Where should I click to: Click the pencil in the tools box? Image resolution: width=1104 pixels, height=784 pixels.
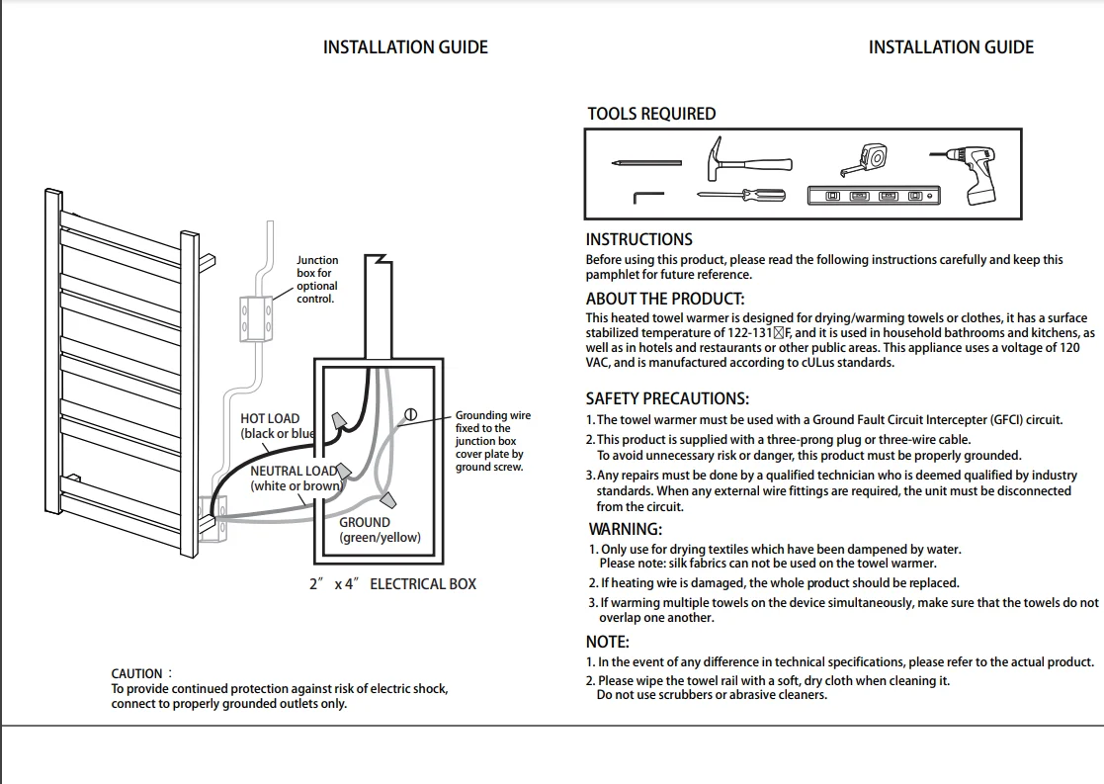[x=645, y=161]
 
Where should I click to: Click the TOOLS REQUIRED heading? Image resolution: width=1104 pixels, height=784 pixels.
[x=651, y=114]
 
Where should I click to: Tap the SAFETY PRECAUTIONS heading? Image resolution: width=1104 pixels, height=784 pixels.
[x=667, y=398]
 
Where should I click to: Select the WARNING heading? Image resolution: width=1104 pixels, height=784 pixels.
[x=626, y=529]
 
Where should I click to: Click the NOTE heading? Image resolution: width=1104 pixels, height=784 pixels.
[x=607, y=642]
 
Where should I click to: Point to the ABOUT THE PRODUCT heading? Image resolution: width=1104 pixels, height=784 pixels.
[x=664, y=299]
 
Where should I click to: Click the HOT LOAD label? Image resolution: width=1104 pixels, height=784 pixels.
[x=270, y=419]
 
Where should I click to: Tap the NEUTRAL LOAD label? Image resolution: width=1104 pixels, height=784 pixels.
[x=293, y=472]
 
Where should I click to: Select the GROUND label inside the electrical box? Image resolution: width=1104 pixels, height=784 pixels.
[x=365, y=522]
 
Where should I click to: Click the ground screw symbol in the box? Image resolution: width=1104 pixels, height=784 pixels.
[x=411, y=414]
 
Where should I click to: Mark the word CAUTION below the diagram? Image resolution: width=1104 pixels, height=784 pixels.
[x=136, y=673]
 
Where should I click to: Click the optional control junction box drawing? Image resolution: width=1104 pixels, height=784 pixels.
[x=255, y=316]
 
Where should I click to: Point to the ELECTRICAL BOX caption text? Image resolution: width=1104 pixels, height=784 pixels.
[x=423, y=584]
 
